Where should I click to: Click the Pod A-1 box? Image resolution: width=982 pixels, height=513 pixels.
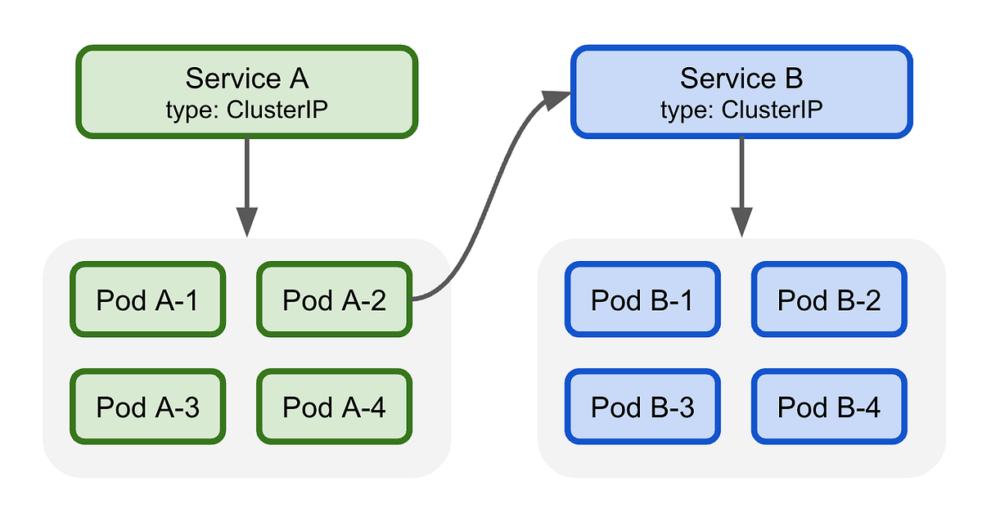pos(147,300)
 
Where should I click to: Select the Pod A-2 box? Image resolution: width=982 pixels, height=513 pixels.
pos(334,300)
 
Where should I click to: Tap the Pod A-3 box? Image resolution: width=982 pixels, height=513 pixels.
pos(147,407)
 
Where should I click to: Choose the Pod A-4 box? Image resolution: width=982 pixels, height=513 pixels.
pos(334,407)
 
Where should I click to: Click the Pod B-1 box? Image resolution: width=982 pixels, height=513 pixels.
pos(642,300)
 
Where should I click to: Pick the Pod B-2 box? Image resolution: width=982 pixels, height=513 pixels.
pos(829,300)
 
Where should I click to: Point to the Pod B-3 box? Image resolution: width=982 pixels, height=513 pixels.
pos(642,407)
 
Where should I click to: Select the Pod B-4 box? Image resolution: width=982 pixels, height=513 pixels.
pos(829,407)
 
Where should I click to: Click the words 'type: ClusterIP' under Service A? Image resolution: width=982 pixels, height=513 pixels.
pos(247,110)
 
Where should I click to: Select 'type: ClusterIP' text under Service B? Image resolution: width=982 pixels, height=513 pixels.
pos(741,110)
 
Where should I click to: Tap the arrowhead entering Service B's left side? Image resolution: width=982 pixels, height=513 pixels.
pos(557,99)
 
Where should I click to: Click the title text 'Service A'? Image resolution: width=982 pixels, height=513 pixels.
pos(247,79)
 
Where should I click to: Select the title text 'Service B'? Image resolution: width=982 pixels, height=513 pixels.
pos(741,79)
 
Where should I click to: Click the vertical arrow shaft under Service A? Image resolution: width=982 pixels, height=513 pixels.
pos(247,172)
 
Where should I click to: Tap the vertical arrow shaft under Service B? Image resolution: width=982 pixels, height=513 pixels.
pos(741,172)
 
